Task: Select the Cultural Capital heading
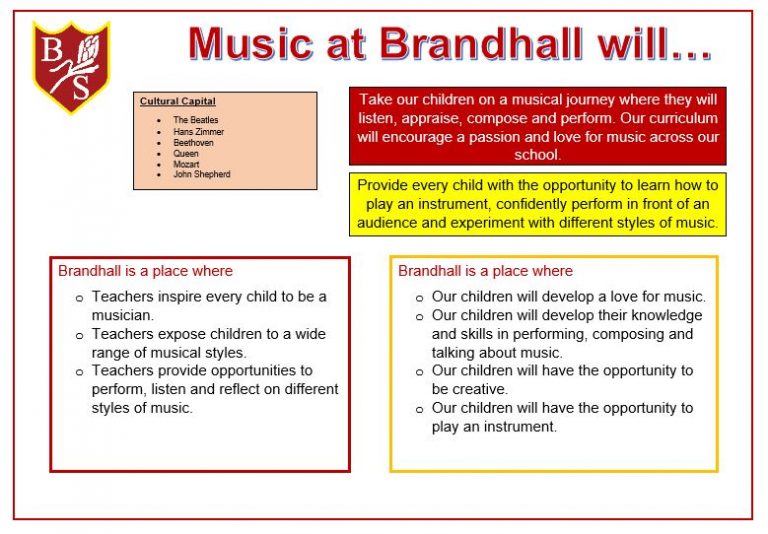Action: pyautogui.click(x=177, y=101)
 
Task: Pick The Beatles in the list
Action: pyautogui.click(x=195, y=120)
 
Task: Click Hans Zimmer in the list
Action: pyautogui.click(x=198, y=131)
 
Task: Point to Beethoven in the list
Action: pyautogui.click(x=193, y=142)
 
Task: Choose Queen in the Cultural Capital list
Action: pyautogui.click(x=185, y=153)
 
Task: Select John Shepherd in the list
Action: pyautogui.click(x=201, y=174)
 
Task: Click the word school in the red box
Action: pyautogui.click(x=537, y=155)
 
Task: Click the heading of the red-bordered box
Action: pyautogui.click(x=145, y=271)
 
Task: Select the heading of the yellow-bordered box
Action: pyautogui.click(x=485, y=271)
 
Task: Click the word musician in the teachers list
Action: pyautogui.click(x=121, y=315)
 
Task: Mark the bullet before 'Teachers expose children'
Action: pyautogui.click(x=80, y=335)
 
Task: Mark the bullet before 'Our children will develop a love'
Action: pyautogui.click(x=420, y=298)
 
